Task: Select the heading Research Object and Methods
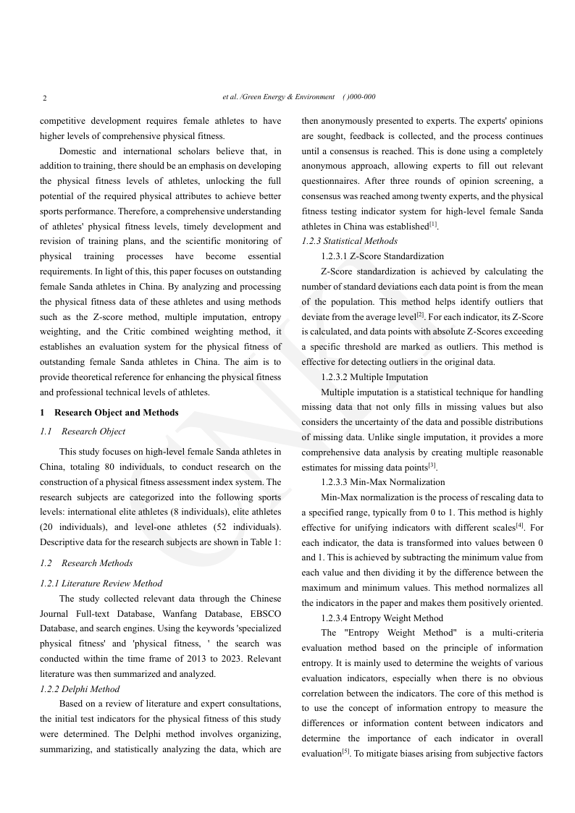117,413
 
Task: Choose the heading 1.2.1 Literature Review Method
101,584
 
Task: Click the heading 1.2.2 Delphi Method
80,689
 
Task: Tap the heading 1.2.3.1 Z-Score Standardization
382,256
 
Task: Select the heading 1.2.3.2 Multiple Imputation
374,377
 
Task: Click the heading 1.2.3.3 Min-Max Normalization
382,482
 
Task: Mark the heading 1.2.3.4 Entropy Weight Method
382,618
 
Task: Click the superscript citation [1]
433,224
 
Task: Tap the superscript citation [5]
345,751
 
